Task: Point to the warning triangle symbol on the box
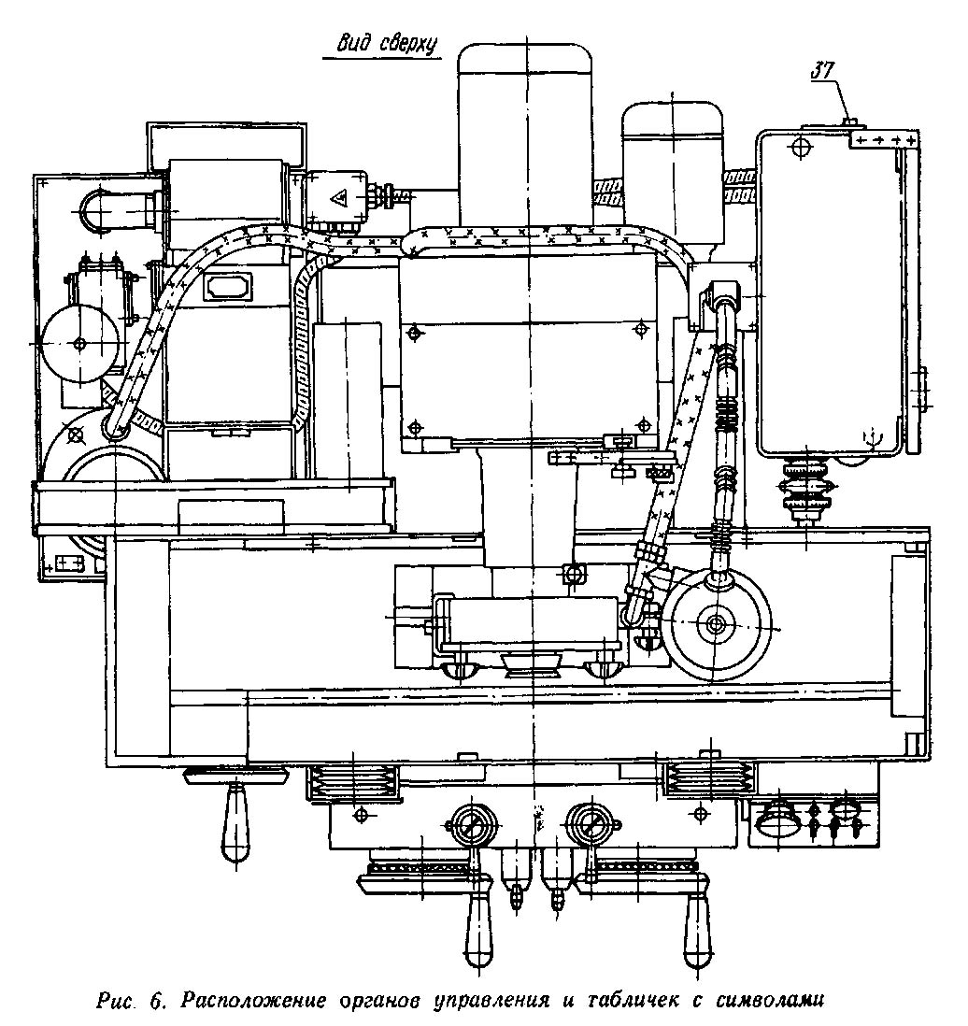tap(341, 198)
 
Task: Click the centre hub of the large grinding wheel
tap(717, 624)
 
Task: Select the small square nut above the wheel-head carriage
tap(574, 571)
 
